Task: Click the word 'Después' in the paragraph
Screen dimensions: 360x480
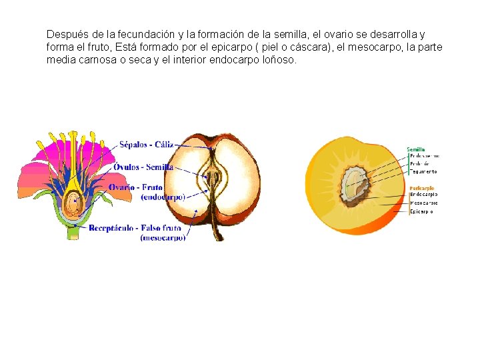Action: pyautogui.click(x=65, y=34)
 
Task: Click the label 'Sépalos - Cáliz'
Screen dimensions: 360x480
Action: pyautogui.click(x=146, y=144)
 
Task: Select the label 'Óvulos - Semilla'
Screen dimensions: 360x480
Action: pyautogui.click(x=143, y=167)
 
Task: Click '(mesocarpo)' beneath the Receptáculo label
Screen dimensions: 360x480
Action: pyautogui.click(x=163, y=237)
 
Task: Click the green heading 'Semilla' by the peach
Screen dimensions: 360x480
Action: pyautogui.click(x=416, y=149)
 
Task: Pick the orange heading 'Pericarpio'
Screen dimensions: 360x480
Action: pyautogui.click(x=421, y=188)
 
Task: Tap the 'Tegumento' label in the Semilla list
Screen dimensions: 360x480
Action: pyautogui.click(x=424, y=171)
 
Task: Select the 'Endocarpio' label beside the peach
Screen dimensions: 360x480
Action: pyautogui.click(x=424, y=195)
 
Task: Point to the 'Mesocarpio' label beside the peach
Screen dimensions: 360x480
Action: pyautogui.click(x=424, y=203)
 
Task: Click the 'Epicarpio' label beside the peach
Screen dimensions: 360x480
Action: pyautogui.click(x=421, y=211)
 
